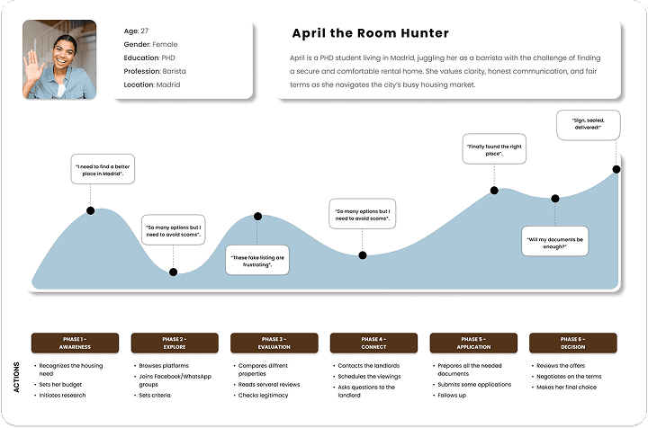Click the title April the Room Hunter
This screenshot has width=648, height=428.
[x=370, y=33]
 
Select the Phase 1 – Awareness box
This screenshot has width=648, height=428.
[x=75, y=343]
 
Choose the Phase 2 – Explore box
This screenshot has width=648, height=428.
[x=175, y=343]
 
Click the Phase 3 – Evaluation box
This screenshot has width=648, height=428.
[x=274, y=343]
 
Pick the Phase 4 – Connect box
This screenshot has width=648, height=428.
[x=373, y=343]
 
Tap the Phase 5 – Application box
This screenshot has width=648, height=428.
[x=473, y=343]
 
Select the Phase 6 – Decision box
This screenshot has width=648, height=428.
[x=572, y=343]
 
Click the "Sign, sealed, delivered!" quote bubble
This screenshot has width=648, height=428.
[x=588, y=125]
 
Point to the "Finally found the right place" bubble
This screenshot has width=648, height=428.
[x=494, y=149]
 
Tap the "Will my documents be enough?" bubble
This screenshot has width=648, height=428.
[x=554, y=241]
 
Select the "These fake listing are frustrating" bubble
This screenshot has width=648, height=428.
[x=257, y=260]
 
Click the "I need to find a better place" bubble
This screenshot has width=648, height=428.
[x=103, y=169]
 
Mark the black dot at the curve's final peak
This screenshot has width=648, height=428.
[x=616, y=169]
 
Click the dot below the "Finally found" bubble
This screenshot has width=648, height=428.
[x=494, y=191]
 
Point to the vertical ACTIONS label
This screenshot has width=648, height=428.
[x=16, y=377]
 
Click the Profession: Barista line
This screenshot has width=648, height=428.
[x=155, y=71]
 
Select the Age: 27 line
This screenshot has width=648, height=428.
[x=136, y=31]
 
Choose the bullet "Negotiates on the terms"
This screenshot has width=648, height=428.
[x=566, y=377]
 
